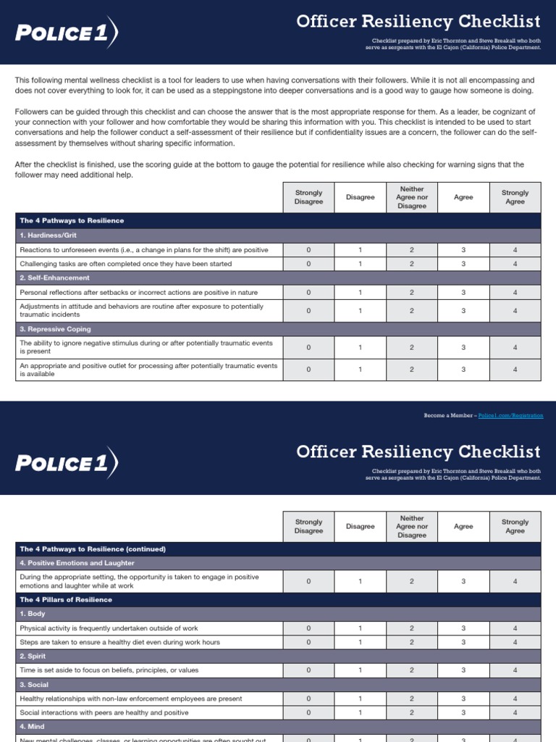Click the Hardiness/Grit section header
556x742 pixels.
(x=48, y=235)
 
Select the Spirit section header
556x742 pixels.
(x=33, y=656)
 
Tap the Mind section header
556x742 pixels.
(x=33, y=727)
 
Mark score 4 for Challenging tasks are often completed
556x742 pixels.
(x=515, y=264)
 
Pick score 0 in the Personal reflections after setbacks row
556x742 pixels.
(x=308, y=292)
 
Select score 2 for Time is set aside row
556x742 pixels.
(x=411, y=670)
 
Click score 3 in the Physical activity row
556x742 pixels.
(x=463, y=628)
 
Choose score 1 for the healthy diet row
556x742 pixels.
(x=360, y=642)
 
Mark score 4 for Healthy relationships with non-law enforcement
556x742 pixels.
(x=515, y=699)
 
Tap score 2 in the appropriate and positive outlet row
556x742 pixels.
(x=411, y=369)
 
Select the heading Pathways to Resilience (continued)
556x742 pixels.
(x=93, y=549)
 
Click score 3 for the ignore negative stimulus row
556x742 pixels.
(x=463, y=347)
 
